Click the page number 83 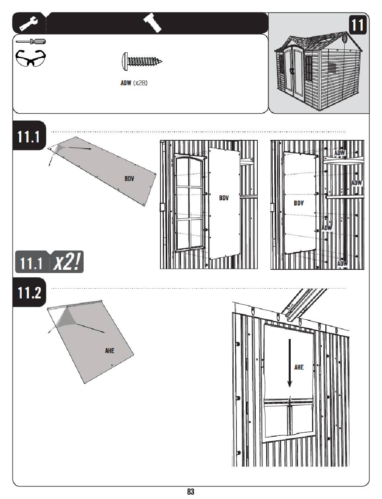[191, 492]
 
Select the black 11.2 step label [29, 292]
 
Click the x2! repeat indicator [67, 262]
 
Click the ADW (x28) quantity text [134, 83]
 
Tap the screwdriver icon [31, 41]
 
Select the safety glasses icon [31, 58]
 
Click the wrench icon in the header [29, 23]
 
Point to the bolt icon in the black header [152, 23]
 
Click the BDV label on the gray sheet [129, 179]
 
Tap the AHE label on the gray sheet [109, 351]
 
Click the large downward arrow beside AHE [290, 363]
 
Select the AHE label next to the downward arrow [299, 367]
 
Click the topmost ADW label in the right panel [339, 153]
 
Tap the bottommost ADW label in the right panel [342, 263]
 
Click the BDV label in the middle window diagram [224, 198]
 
